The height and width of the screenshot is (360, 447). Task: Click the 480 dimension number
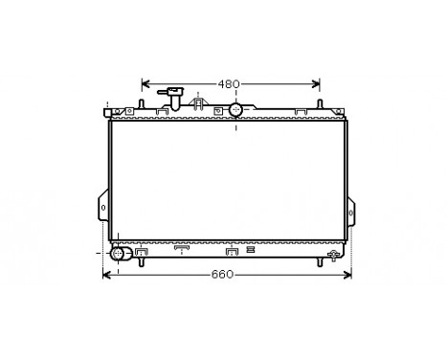(x=227, y=83)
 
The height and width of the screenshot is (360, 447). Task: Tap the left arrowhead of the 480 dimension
(x=145, y=83)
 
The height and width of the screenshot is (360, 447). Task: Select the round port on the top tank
(x=236, y=110)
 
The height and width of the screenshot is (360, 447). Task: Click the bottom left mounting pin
(x=140, y=262)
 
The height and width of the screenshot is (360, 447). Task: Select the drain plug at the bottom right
(x=334, y=253)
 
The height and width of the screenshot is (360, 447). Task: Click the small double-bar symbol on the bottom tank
(x=251, y=250)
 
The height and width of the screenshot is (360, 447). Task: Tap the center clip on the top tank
(x=199, y=103)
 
